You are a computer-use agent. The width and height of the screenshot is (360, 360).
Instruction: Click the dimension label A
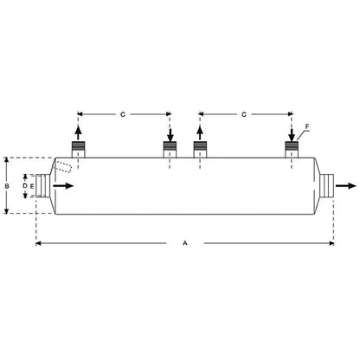pos(185,243)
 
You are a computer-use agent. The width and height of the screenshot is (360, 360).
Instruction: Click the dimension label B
pos(7,186)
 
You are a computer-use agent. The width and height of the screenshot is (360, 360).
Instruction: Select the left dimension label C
pos(123,114)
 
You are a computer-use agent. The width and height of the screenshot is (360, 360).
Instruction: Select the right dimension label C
pos(244,114)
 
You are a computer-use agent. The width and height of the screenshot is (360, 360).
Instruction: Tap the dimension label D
pos(25,186)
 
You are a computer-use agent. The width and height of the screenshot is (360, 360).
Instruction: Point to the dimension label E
pos(32,186)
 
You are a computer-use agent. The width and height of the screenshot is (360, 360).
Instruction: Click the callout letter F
pos(307,126)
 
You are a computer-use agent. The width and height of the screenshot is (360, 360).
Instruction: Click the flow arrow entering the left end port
pos(63,186)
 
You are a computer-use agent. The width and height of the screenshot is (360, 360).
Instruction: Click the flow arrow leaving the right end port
pos(346,186)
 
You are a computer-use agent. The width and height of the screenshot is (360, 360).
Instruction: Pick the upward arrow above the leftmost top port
pos(78,132)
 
